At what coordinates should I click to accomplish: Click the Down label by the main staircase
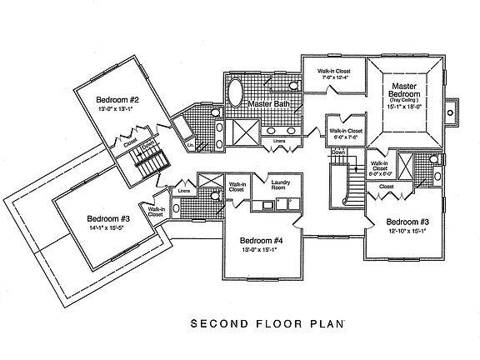pyautogui.click(x=339, y=153)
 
